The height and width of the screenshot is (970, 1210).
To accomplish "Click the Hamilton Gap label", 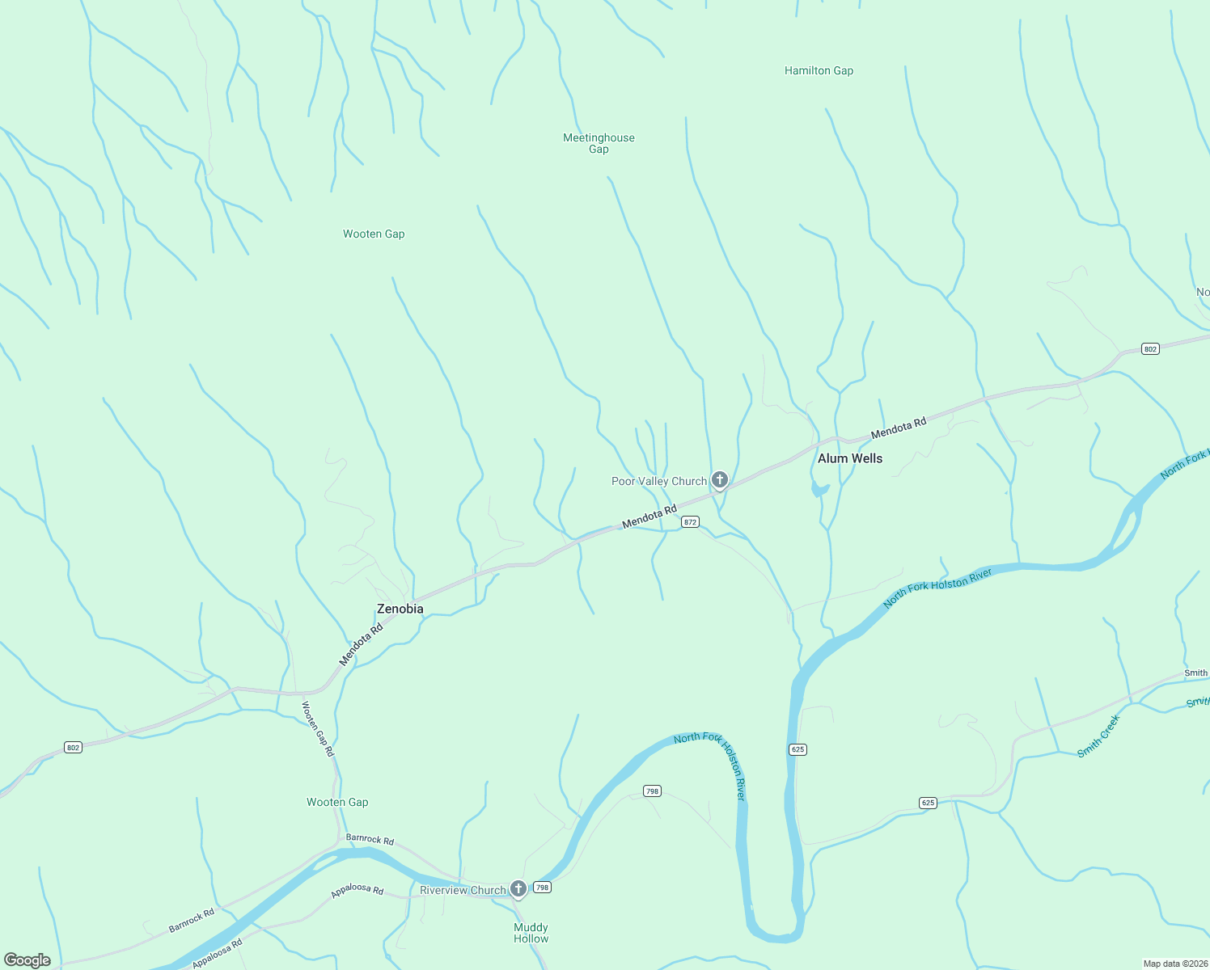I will [x=819, y=71].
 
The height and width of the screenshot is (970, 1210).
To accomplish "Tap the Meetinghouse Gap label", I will [x=599, y=143].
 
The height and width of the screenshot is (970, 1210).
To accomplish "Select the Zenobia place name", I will [x=400, y=609].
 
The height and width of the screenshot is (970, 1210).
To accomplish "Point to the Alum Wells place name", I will [x=850, y=458].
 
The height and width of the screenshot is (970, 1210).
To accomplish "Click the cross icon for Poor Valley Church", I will [x=719, y=480].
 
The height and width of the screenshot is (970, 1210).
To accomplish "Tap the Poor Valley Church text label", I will [x=658, y=481].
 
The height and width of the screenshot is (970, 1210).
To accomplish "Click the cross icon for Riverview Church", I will [x=518, y=888].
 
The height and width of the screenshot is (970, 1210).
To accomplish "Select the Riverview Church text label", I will [x=463, y=890].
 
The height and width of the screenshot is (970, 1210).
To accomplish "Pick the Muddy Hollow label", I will [x=531, y=933].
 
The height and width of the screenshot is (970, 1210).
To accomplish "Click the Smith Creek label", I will [x=1098, y=736].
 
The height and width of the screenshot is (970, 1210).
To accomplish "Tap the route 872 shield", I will [x=690, y=522].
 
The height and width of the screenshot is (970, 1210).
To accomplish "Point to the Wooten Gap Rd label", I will [x=317, y=728].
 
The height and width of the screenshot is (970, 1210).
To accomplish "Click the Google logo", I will [x=27, y=960].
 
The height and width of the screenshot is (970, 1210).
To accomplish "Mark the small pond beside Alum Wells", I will [x=819, y=489].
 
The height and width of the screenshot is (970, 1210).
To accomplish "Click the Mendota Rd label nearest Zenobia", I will [x=361, y=644].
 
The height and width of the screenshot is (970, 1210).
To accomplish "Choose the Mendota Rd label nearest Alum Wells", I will [x=898, y=428].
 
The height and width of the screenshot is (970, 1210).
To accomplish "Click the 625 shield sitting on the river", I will [x=797, y=749].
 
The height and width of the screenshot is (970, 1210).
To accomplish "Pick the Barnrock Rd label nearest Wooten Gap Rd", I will [x=370, y=839].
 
